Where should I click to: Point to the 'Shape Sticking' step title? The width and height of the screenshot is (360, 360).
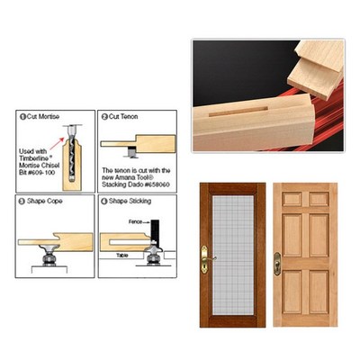[128, 202]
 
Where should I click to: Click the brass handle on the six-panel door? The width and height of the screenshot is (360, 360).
[278, 262]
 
